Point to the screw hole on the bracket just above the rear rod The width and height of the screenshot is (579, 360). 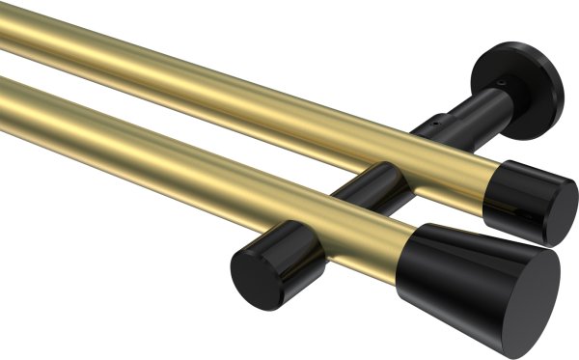435,125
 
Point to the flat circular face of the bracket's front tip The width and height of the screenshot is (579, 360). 254,268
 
